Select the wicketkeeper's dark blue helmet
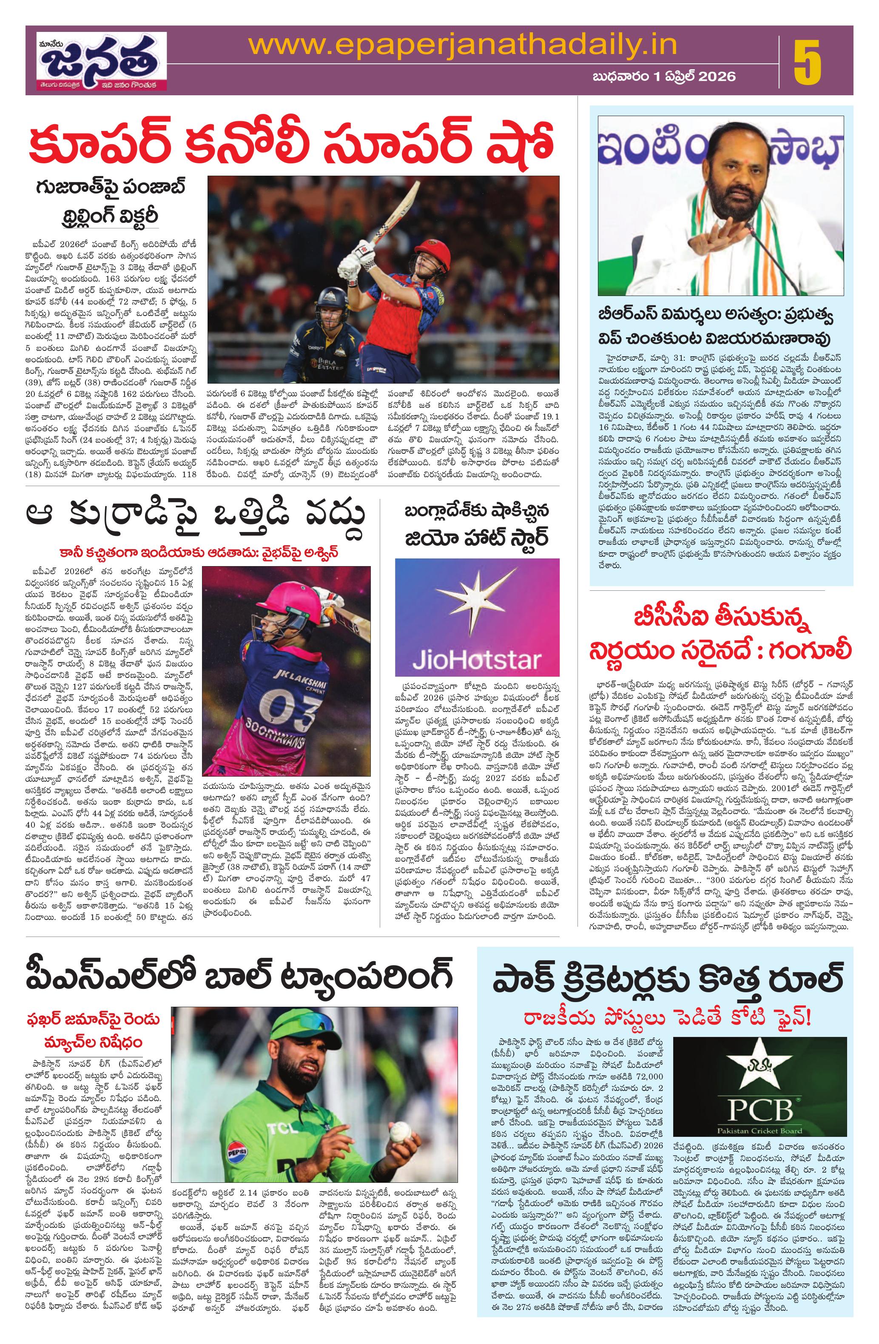[x=331, y=299]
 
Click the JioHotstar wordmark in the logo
[x=476, y=658]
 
